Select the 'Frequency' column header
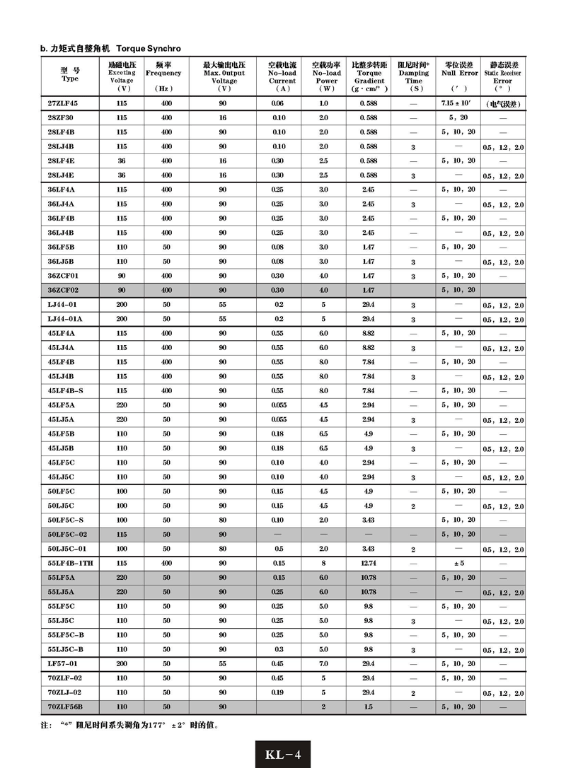(x=163, y=73)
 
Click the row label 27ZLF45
(x=63, y=103)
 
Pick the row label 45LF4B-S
(x=66, y=390)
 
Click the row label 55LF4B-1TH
(x=69, y=562)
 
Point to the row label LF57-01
(x=62, y=663)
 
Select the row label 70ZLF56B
(x=65, y=706)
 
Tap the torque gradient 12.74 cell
(x=369, y=562)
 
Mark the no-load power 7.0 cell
(x=323, y=663)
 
